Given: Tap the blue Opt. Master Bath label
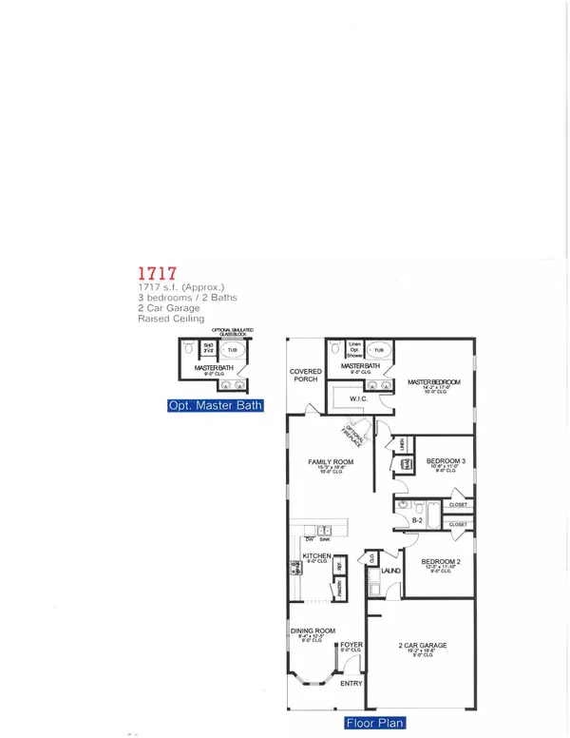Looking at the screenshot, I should coord(215,406).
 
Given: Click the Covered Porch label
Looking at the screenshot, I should coord(306,376).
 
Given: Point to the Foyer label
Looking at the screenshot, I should coord(351,646).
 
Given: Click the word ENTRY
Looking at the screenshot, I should coord(351,684).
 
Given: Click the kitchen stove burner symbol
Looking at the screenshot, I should coord(295,572).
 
